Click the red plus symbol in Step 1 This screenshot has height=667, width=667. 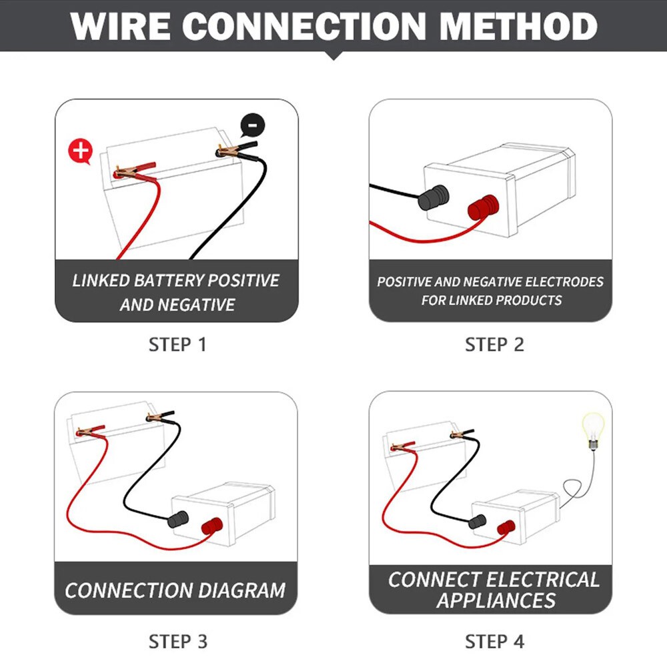point(81,151)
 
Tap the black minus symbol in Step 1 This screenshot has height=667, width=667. point(253,125)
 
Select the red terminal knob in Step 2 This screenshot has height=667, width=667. point(483,207)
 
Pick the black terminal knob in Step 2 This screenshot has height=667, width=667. point(434,197)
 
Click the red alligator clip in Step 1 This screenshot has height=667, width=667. point(135,170)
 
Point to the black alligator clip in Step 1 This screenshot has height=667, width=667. point(237,149)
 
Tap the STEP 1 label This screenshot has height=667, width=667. point(177,345)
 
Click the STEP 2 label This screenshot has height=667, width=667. point(494,345)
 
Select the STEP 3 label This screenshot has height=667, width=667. point(178,642)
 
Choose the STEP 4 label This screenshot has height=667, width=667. point(494,642)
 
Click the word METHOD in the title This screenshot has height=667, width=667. point(518,27)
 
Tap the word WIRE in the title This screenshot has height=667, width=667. point(120,27)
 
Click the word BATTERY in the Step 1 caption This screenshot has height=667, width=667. point(169,280)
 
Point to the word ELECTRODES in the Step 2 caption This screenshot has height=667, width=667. point(564,281)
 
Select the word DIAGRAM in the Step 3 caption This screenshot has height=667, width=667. point(241,590)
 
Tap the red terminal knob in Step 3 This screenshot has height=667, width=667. point(212,526)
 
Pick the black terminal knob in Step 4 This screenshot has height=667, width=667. point(477,522)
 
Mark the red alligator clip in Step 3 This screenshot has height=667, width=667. point(90,432)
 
